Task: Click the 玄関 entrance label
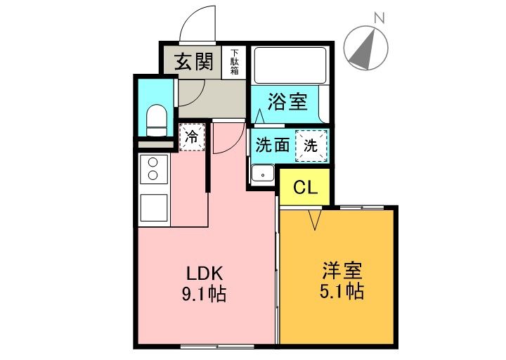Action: tap(193, 63)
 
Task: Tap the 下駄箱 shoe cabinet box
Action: tap(234, 63)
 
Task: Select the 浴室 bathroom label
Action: tap(287, 103)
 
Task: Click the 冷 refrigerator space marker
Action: tap(191, 137)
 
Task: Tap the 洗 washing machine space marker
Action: tap(310, 146)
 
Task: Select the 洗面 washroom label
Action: tap(272, 146)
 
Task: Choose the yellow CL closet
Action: tap(305, 188)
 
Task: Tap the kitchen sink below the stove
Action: tap(153, 208)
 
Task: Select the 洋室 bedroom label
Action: tap(342, 269)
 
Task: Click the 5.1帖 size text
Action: tap(342, 290)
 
